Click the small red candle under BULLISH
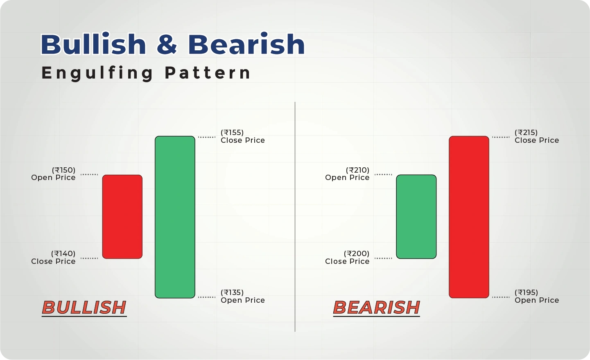122,216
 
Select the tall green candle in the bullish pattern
175,217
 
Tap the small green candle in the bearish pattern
416,216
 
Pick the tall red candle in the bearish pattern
469,217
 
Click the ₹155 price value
232,133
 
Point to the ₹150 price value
64,170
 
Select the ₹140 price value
63,254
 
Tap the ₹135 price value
232,292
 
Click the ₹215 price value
526,133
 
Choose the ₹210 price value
358,170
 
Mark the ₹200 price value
357,254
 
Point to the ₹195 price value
526,292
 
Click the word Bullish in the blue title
93,44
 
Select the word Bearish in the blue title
246,44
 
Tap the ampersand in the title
167,44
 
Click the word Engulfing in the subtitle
97,74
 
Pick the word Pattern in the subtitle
208,73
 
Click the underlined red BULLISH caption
84,308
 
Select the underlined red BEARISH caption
377,308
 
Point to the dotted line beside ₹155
207,137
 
